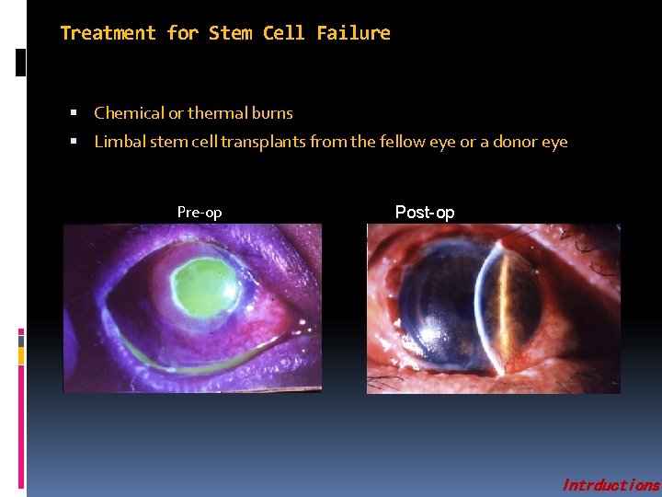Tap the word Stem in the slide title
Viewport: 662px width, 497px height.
click(231, 33)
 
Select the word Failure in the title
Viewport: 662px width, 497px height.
click(353, 33)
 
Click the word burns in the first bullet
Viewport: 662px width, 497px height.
click(270, 113)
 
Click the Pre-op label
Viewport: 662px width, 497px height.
click(200, 213)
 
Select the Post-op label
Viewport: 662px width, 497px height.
click(425, 213)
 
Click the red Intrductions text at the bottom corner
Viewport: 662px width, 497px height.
click(611, 485)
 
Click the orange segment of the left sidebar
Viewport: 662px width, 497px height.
click(21, 353)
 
